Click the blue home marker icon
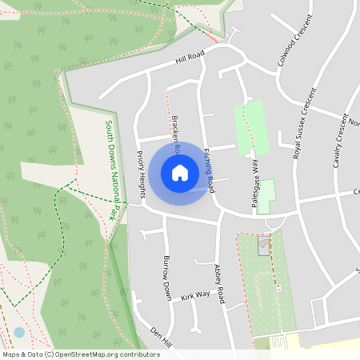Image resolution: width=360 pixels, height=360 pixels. point(180,173)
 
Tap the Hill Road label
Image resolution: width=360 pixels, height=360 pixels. point(191,57)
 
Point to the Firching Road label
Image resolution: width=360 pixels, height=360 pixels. point(210,170)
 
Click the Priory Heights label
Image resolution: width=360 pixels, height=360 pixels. point(141,175)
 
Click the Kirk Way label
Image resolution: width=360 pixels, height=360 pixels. point(194,295)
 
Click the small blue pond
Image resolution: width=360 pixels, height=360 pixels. point(19,332)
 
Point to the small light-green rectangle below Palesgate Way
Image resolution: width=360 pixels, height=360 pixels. point(266,192)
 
